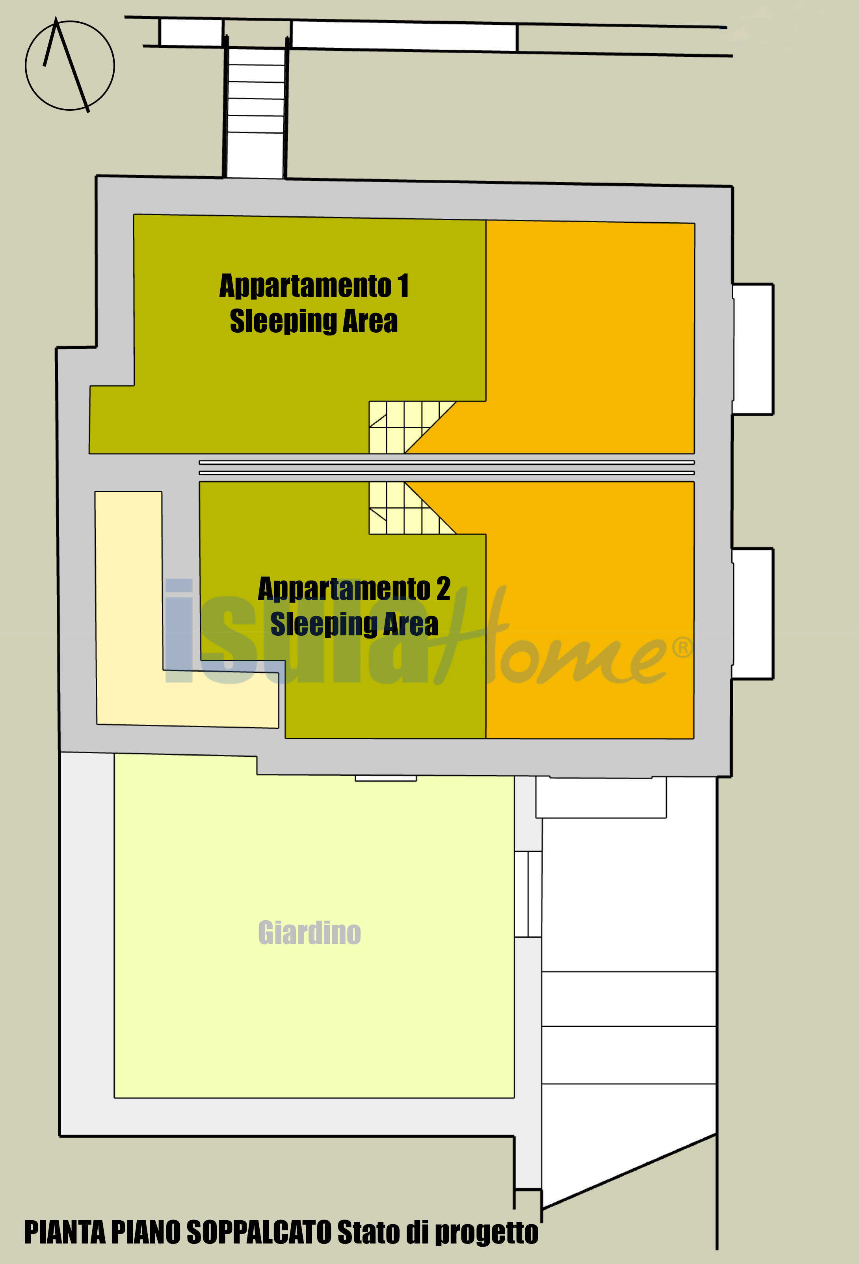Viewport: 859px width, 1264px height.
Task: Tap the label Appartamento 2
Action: [354, 588]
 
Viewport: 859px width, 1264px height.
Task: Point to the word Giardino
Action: [309, 933]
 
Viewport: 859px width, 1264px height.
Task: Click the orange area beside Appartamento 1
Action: [590, 337]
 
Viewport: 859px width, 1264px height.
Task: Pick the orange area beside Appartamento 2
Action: [590, 609]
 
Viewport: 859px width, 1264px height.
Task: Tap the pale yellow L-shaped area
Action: [128, 609]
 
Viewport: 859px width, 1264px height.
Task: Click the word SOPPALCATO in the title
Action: [259, 1232]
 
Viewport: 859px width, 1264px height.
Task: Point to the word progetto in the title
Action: [487, 1233]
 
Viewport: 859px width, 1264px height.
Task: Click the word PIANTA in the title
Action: [64, 1232]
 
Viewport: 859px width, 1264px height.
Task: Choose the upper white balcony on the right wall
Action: [753, 349]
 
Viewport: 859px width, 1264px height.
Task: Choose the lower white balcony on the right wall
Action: [753, 614]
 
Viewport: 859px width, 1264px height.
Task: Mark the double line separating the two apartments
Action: [447, 468]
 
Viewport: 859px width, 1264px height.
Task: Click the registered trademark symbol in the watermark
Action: [682, 647]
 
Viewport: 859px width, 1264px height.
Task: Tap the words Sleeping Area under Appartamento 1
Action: [314, 321]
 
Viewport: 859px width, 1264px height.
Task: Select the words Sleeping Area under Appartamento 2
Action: [354, 624]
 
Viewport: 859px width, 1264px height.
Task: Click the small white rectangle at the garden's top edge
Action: [386, 778]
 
